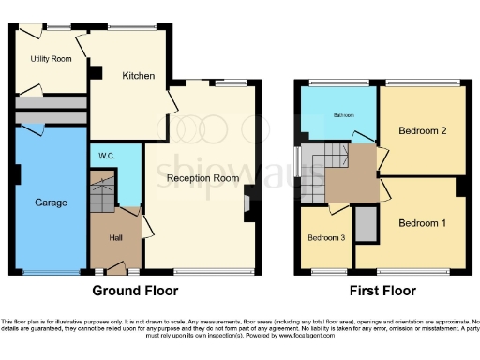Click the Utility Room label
pos(51,59)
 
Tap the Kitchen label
pos(138,76)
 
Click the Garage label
pos(51,202)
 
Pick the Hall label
pos(115,238)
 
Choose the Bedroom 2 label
pos(422,130)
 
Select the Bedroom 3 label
pos(327,238)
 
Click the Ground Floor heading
pos(134,291)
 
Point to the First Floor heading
pos(382,291)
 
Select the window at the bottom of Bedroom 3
pos(327,272)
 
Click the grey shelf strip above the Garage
pos(52,115)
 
